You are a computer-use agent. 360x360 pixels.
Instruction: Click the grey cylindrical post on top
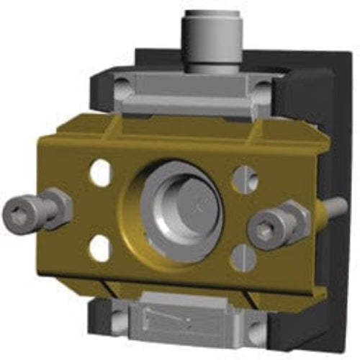coord(214,36)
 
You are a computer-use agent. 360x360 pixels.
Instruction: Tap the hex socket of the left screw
coord(17,212)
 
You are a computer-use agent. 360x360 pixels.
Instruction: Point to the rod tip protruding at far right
coord(336,210)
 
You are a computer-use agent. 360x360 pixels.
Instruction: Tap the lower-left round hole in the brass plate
coord(99,248)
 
